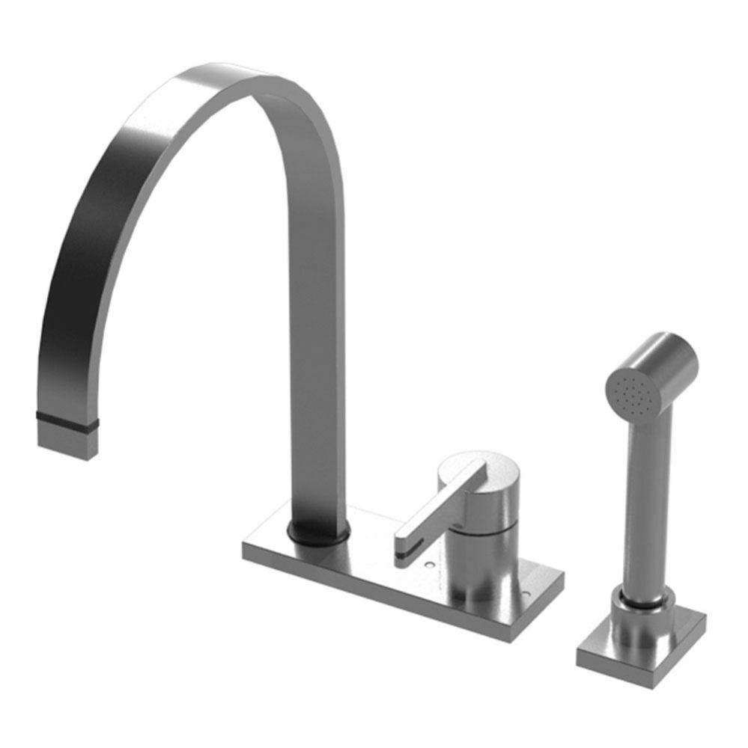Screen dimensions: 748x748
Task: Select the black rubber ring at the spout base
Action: coord(319,533)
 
